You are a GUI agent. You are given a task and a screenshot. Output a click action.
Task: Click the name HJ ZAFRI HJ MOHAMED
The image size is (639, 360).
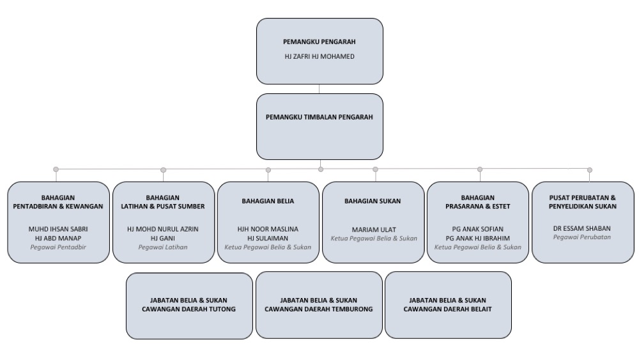319,57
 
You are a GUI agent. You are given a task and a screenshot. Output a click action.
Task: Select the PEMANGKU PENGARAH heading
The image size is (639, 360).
319,42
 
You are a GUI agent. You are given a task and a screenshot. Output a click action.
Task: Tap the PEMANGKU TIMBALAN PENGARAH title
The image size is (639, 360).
319,117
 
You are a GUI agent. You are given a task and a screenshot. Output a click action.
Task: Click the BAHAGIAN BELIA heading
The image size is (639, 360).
268,201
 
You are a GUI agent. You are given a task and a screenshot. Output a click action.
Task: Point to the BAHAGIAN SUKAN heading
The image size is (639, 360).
373,201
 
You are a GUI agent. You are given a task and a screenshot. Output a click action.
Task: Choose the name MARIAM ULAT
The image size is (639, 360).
374,230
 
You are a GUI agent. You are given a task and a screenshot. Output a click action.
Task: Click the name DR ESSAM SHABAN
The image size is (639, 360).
582,228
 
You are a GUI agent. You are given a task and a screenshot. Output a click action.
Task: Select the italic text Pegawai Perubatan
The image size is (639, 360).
582,237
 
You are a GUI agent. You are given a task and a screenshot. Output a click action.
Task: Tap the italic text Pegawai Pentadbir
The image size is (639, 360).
58,247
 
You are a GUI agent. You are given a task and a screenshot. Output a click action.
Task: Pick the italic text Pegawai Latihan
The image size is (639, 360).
162,247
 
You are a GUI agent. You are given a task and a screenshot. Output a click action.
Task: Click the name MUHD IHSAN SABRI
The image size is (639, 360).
58,229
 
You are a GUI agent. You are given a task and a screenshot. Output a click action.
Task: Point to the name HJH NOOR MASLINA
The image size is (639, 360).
268,229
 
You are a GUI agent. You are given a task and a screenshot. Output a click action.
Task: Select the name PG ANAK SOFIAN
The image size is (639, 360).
477,229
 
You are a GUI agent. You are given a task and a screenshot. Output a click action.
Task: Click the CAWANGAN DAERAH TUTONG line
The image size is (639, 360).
189,309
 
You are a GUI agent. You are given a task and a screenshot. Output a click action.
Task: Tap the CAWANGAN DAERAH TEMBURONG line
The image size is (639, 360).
319,309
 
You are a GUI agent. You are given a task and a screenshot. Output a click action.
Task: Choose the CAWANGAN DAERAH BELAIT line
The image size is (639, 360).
447,309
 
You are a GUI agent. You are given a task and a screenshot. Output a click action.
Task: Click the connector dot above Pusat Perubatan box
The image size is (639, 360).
590,170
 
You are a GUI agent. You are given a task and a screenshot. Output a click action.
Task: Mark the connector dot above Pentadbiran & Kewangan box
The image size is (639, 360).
56,169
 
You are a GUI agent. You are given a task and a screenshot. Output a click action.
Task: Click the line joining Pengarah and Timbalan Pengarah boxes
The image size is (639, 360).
319,89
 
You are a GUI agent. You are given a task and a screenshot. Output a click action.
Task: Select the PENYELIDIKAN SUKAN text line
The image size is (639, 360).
582,207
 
